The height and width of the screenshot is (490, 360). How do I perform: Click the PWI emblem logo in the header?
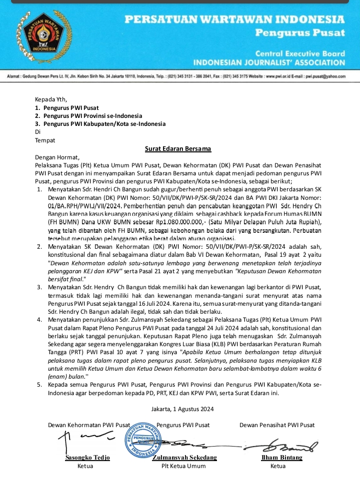(41, 35)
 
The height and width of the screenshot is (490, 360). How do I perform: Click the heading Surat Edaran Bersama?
(178, 148)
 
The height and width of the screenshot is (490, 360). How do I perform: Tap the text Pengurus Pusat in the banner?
(300, 33)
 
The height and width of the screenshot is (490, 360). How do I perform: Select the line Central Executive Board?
(300, 53)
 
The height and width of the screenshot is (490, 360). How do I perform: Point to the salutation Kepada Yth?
(50, 99)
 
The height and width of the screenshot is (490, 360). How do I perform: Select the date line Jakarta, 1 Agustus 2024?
(182, 409)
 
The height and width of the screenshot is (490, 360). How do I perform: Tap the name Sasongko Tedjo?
(88, 458)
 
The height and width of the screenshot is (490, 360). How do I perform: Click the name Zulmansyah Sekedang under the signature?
(184, 458)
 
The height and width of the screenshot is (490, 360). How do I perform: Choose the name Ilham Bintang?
(282, 458)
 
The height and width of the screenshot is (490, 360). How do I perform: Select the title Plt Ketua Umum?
(183, 466)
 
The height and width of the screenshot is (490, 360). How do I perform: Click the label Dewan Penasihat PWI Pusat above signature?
(277, 425)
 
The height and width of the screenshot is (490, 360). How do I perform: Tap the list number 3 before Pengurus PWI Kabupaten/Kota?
(37, 124)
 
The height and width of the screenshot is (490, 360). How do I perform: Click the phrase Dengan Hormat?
(57, 156)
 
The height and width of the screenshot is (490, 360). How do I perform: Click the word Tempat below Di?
(45, 140)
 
